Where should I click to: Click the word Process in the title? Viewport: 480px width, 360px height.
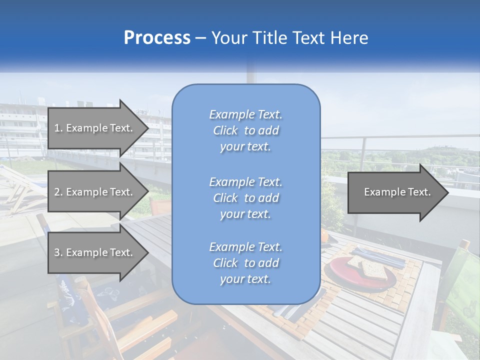pyautogui.click(x=157, y=38)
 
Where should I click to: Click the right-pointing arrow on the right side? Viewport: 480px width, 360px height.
pyautogui.click(x=397, y=192)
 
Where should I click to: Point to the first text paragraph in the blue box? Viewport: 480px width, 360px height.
pyautogui.click(x=245, y=130)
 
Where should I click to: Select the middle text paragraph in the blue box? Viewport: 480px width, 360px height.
pyautogui.click(x=245, y=198)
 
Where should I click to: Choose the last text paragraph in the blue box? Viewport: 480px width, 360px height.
pyautogui.click(x=245, y=263)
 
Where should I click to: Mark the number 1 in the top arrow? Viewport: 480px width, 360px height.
pyautogui.click(x=57, y=128)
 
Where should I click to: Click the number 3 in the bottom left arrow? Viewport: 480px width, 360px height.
pyautogui.click(x=57, y=252)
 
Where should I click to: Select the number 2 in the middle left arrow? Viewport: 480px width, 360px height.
pyautogui.click(x=57, y=192)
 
